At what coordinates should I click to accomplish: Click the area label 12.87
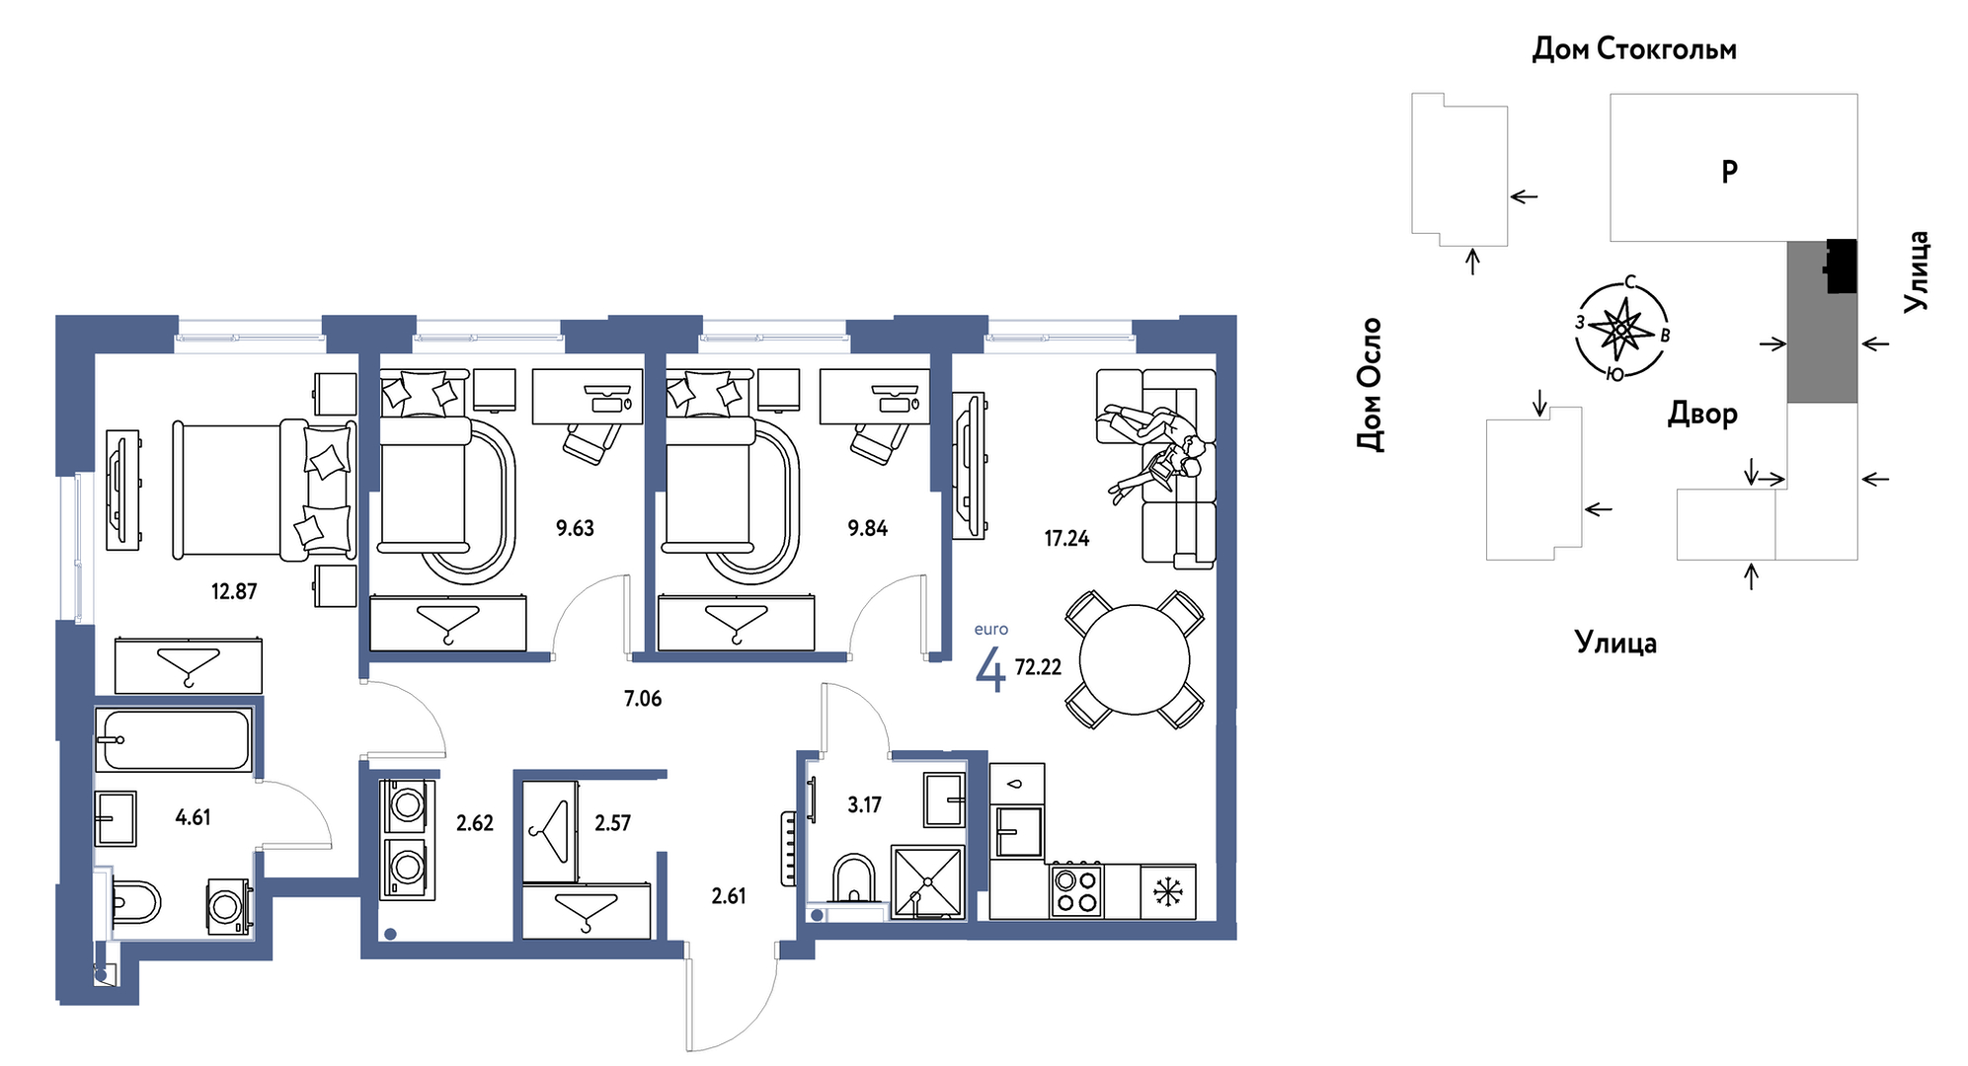point(234,591)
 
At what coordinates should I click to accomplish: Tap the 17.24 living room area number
point(1066,538)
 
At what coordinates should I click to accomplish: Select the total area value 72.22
point(1038,667)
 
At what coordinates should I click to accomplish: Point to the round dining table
point(1135,659)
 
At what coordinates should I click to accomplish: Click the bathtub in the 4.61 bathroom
point(174,739)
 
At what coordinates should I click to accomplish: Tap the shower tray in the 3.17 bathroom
point(927,882)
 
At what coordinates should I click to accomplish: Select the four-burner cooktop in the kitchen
point(1076,890)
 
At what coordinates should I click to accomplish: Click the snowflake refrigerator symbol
point(1168,892)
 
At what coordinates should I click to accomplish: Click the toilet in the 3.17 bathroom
point(853,878)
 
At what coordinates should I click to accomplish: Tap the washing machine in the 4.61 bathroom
point(228,906)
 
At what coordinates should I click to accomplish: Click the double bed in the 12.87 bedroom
point(264,491)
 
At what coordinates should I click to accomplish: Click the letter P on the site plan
point(1730,172)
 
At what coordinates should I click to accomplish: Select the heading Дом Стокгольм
point(1634,48)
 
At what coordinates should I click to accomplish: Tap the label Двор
point(1702,414)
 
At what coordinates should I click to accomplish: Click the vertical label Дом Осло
point(1370,384)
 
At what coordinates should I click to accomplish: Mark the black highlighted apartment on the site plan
point(1841,266)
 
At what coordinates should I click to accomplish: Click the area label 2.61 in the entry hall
point(729,896)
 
